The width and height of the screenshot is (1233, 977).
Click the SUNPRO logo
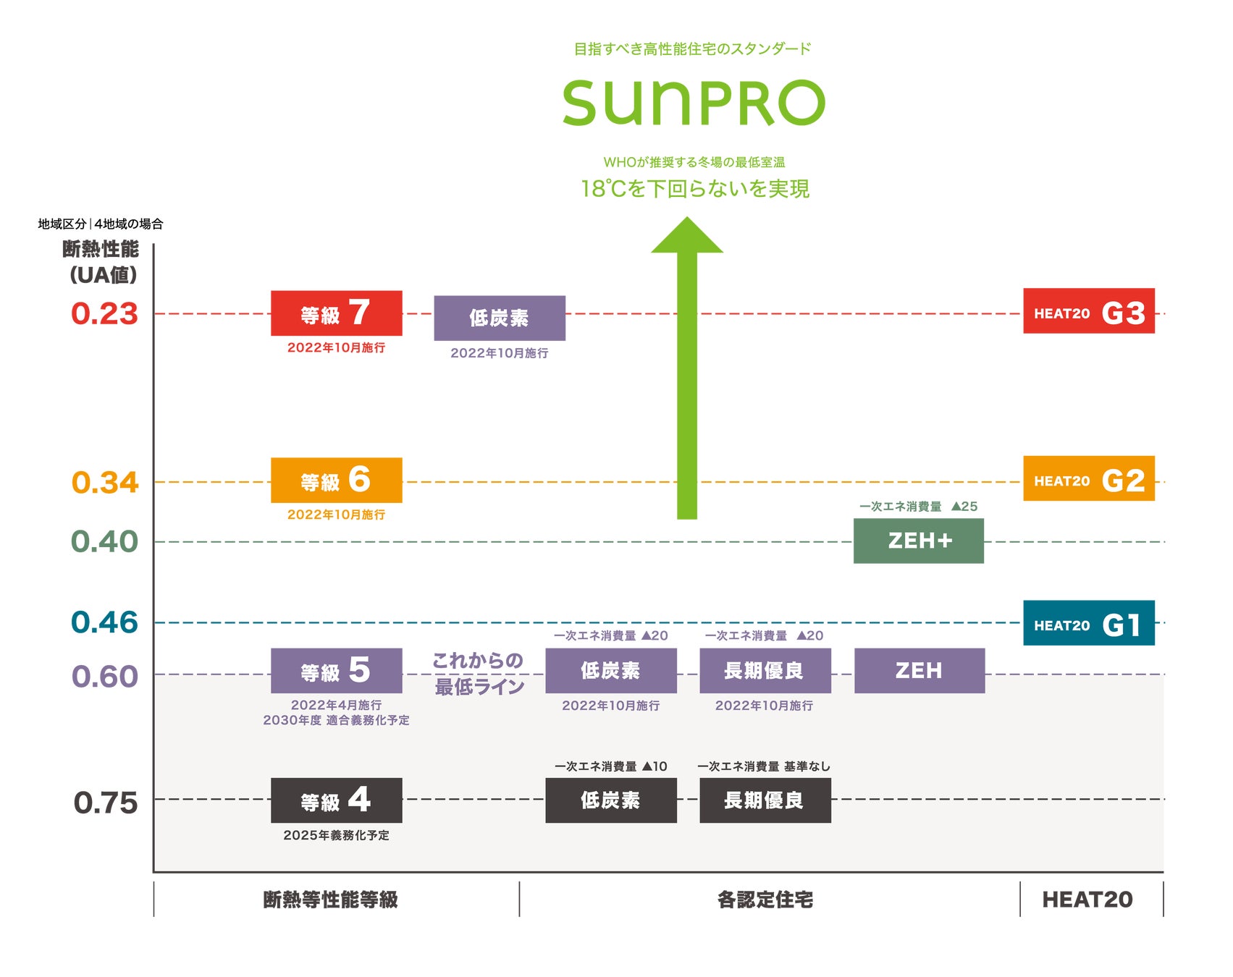point(694,103)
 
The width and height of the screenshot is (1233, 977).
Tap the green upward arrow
point(687,376)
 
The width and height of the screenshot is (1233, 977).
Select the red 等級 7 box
point(336,313)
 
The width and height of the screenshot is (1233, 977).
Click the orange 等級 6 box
point(336,481)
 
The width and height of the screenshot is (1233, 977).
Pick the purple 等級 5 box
point(336,671)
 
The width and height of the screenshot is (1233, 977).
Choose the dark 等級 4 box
point(336,800)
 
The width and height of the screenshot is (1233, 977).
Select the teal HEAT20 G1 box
point(1088,623)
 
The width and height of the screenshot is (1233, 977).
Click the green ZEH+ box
point(918,541)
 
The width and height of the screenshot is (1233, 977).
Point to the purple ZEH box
point(919,671)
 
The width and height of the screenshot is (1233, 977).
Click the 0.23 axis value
point(104,314)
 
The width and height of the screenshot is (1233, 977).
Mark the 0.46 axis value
point(104,622)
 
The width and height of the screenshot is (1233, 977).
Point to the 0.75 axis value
point(106,803)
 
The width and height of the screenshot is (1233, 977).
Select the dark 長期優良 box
point(765,800)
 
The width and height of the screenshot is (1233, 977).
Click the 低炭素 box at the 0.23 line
point(499,318)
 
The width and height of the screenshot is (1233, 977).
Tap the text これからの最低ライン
point(479,673)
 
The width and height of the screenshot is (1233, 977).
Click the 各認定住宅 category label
point(765,900)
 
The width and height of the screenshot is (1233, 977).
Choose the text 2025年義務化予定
point(336,835)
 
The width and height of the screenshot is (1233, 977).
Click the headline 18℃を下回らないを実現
point(695,189)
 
